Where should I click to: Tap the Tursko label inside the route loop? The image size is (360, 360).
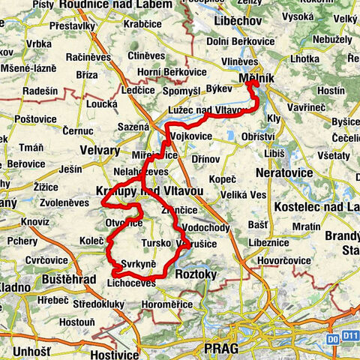click(x=156, y=244)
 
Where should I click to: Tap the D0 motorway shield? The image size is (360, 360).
click(x=333, y=338)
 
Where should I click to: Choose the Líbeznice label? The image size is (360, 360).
click(x=274, y=244)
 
